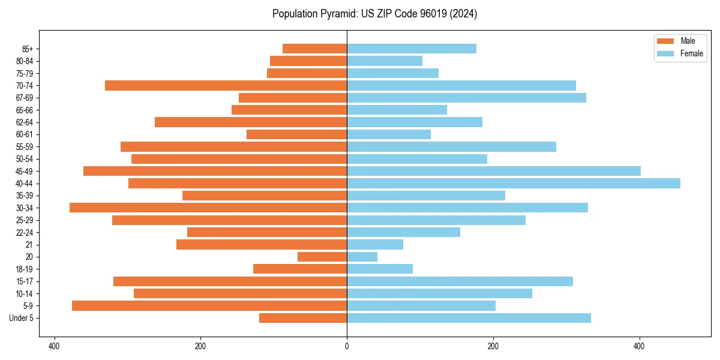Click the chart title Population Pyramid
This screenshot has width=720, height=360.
(x=374, y=14)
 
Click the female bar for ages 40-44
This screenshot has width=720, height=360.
(x=513, y=184)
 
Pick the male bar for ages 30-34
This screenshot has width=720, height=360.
(x=208, y=208)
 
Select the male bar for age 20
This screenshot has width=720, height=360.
(x=322, y=257)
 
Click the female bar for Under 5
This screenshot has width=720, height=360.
(x=469, y=318)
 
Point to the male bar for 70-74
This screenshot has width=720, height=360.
(x=226, y=85)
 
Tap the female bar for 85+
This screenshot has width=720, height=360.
(x=412, y=49)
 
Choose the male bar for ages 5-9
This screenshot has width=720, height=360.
(x=209, y=306)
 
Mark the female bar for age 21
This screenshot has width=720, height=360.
(x=375, y=245)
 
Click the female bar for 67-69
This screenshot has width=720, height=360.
(x=466, y=98)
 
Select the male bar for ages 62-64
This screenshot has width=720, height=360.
(x=251, y=122)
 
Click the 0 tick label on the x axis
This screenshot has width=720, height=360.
(x=347, y=346)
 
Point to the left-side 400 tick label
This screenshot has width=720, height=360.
(x=54, y=346)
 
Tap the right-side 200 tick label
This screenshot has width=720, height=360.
(x=493, y=346)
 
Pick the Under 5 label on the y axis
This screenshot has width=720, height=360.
(x=22, y=318)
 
